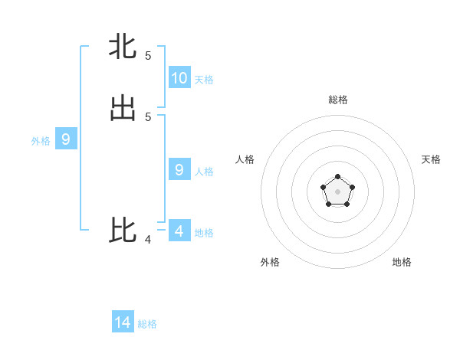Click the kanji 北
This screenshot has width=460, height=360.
click(123, 47)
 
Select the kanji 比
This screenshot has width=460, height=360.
click(123, 231)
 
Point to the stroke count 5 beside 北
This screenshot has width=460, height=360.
click(148, 56)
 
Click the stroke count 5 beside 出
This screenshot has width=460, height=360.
click(148, 117)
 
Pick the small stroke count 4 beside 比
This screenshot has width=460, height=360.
click(148, 240)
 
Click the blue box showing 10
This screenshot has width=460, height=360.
click(179, 77)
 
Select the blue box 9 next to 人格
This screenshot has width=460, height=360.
click(179, 169)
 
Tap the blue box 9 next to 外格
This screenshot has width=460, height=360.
click(66, 139)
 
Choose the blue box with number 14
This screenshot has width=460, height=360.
click(123, 322)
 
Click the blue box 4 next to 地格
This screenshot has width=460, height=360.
click(179, 231)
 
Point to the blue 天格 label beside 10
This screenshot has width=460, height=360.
click(204, 80)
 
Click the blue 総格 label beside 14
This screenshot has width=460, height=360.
click(147, 325)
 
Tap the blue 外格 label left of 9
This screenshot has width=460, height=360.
click(41, 141)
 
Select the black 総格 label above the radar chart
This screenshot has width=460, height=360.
click(338, 100)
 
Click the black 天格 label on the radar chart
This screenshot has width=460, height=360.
click(431, 159)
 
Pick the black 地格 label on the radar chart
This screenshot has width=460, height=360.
click(402, 262)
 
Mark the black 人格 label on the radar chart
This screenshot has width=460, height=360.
click(245, 159)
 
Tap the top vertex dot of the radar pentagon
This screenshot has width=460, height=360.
click(337, 177)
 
